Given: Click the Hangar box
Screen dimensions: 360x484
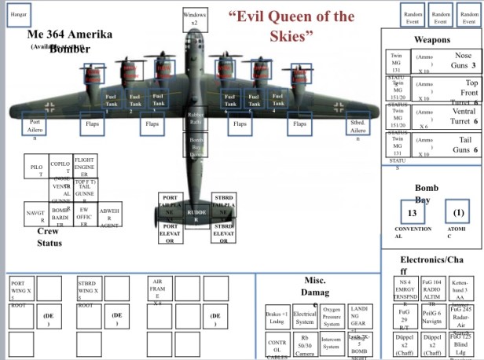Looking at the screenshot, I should (x=18, y=16).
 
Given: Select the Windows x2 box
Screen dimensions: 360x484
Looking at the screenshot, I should (x=195, y=17).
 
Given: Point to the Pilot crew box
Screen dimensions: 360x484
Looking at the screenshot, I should (x=36, y=171).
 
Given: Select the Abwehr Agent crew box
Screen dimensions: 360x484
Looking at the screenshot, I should (x=109, y=215).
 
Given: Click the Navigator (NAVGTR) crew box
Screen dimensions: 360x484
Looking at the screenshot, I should (x=36, y=214).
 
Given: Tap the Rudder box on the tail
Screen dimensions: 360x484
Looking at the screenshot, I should (x=196, y=213).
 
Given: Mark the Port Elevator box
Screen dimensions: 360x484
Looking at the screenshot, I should (x=169, y=234).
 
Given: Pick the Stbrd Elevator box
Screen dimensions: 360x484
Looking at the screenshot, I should (x=223, y=234).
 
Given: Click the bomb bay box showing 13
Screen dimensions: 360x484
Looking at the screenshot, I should (x=412, y=213).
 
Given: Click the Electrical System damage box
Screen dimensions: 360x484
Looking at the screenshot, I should (x=304, y=318).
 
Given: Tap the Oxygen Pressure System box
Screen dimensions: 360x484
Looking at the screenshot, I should (x=332, y=318).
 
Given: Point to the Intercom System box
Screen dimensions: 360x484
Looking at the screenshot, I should (x=332, y=344).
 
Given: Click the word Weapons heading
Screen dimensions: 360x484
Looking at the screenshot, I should (x=432, y=39).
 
